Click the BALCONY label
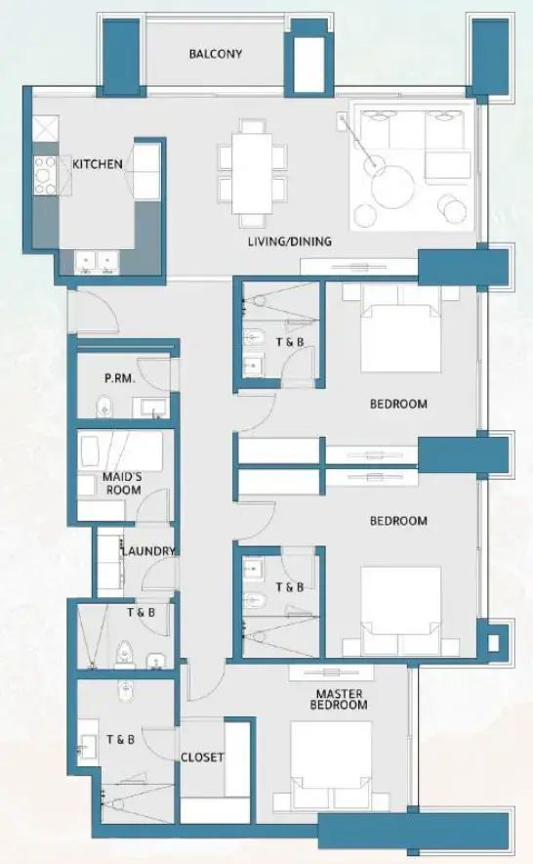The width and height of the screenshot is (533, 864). click(x=215, y=54)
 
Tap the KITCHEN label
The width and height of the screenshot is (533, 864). click(x=98, y=164)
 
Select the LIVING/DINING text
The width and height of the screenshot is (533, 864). click(x=289, y=241)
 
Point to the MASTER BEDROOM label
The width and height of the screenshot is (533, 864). click(x=339, y=699)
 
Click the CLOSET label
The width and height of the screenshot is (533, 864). click(x=202, y=757)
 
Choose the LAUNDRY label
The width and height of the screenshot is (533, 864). click(x=147, y=551)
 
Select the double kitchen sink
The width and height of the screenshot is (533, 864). click(x=97, y=262)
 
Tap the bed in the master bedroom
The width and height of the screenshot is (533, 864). click(x=330, y=764)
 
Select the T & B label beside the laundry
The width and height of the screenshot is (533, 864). click(x=141, y=613)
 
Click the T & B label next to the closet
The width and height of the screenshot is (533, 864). click(x=119, y=740)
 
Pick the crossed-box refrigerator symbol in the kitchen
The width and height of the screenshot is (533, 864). click(x=46, y=127)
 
